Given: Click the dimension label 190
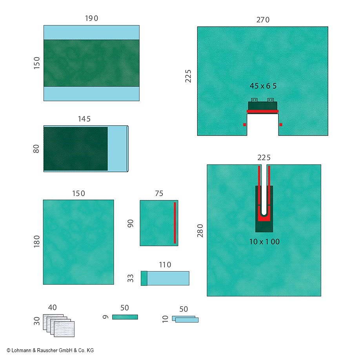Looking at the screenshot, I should click(91, 18).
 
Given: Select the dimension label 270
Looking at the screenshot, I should click(263, 20).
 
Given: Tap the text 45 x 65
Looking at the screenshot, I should click(263, 86).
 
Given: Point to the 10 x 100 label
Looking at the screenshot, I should click(264, 242).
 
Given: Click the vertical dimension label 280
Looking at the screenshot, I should click(200, 231).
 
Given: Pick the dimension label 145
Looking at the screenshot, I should click(84, 118).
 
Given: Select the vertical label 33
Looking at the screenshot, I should click(131, 278).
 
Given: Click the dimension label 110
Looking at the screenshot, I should click(165, 265).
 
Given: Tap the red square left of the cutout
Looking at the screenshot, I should click(244, 125).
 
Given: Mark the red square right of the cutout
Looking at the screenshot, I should click(281, 125).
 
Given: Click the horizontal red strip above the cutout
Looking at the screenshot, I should click(263, 111).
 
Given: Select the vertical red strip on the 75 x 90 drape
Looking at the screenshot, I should click(175, 223).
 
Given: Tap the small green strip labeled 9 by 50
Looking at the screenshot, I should click(125, 317).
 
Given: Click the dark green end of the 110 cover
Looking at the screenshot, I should click(144, 278).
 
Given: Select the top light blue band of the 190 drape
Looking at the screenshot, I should click(91, 32).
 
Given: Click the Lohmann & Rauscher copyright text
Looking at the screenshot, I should click(50, 350).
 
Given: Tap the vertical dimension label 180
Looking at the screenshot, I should click(36, 242).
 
